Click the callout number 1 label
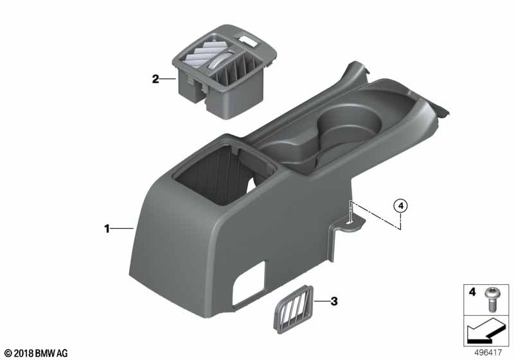pyautogui.click(x=107, y=228)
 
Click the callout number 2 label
pyautogui.click(x=155, y=79)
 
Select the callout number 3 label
pyautogui.click(x=334, y=301)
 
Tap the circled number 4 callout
pyautogui.click(x=400, y=206)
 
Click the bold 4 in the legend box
pyautogui.click(x=472, y=291)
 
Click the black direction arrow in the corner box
pyautogui.click(x=486, y=330)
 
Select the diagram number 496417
pyautogui.click(x=488, y=353)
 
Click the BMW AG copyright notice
pyautogui.click(x=37, y=353)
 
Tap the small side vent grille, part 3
pyautogui.click(x=293, y=309)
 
